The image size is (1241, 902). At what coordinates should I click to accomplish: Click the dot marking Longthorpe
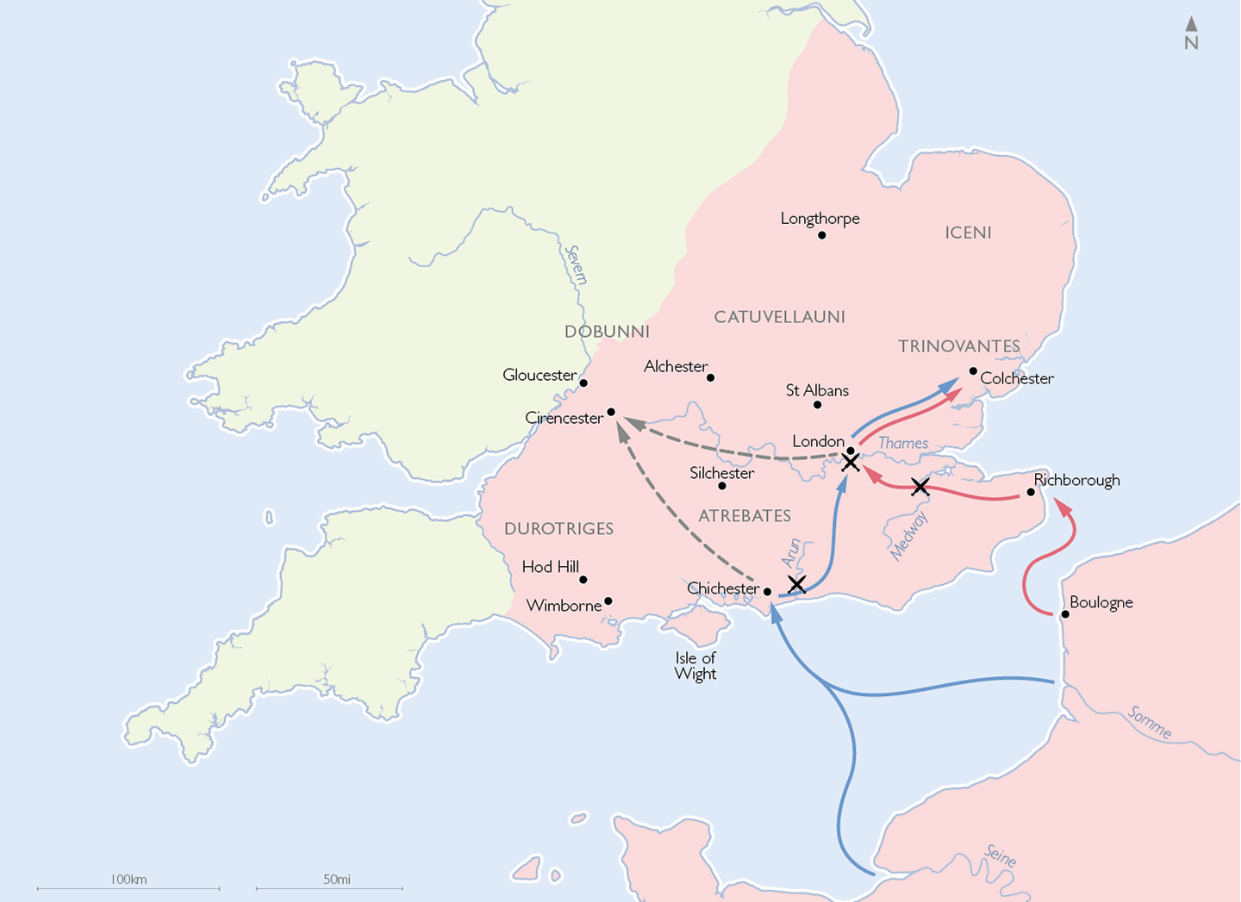click(x=821, y=235)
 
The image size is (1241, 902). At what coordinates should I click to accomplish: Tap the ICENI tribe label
click(x=968, y=233)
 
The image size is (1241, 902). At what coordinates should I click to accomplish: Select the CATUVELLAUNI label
click(x=779, y=317)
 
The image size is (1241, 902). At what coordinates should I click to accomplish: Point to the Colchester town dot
click(x=973, y=371)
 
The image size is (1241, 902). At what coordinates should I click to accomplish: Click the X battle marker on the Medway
click(x=920, y=487)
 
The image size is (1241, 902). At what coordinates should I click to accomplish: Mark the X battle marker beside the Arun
click(x=796, y=585)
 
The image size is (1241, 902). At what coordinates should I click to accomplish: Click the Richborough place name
click(x=1076, y=480)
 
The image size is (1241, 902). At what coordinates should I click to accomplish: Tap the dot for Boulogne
click(x=1065, y=614)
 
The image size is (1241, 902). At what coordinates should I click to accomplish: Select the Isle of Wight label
click(x=695, y=666)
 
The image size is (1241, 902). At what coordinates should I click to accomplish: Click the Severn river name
click(x=576, y=264)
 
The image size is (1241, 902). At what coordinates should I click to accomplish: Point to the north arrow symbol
click(x=1191, y=33)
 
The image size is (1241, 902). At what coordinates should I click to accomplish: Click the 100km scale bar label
click(x=128, y=880)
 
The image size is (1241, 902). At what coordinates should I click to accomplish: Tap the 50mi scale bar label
click(x=337, y=880)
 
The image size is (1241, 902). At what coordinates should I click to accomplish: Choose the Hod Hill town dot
click(x=583, y=580)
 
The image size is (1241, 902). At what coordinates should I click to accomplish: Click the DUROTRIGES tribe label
click(x=558, y=529)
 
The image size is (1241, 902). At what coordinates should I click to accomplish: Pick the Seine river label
click(x=1000, y=856)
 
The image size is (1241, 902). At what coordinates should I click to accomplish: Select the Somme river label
click(x=1150, y=722)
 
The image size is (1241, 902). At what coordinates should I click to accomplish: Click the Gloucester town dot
click(x=583, y=383)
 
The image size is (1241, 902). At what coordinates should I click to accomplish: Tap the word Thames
click(x=902, y=444)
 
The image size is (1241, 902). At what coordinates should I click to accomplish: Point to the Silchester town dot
click(x=722, y=486)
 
